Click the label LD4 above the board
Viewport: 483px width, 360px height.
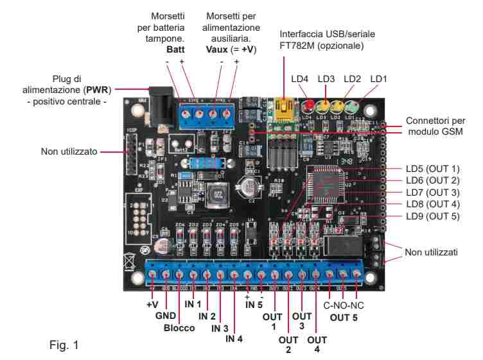pyautogui.click(x=300, y=79)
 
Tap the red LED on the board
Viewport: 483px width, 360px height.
pyautogui.click(x=308, y=106)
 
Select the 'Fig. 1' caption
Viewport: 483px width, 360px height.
pyautogui.click(x=65, y=345)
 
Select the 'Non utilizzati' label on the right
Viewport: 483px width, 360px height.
pyautogui.click(x=431, y=253)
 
